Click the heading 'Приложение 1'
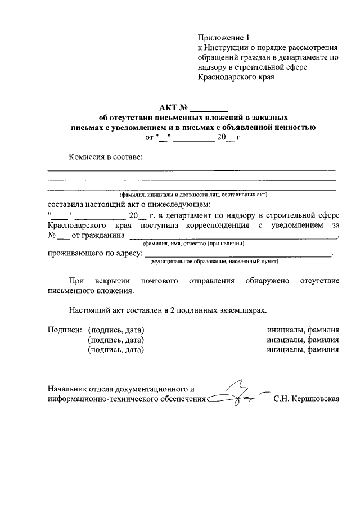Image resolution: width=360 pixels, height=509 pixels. [x=222, y=38]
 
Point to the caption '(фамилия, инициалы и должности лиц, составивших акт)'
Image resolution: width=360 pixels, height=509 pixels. [x=197, y=195]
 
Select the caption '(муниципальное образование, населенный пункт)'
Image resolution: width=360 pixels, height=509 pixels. [x=214, y=261]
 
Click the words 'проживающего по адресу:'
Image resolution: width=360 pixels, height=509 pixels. [x=94, y=254]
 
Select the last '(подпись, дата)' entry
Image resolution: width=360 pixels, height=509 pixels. [x=116, y=350]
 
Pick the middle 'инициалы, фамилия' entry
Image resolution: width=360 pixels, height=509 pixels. [x=303, y=340]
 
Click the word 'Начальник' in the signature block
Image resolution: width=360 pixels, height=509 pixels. [x=68, y=389]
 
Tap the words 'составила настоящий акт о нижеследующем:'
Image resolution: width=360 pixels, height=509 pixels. [x=130, y=204]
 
